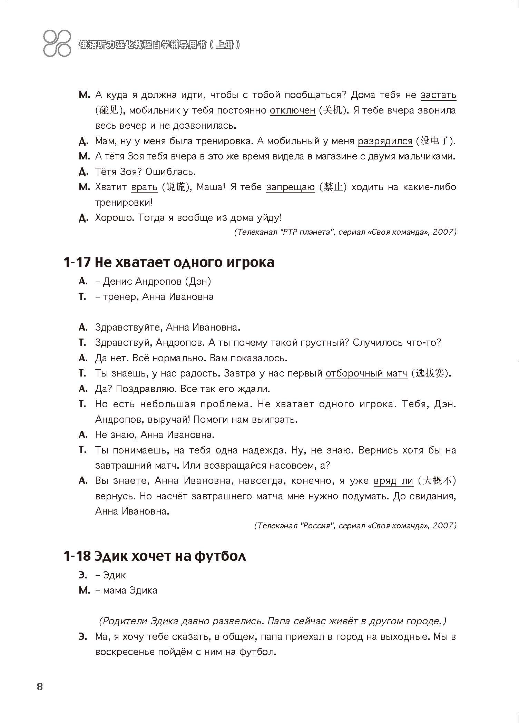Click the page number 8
tap(40, 687)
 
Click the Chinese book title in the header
tap(159, 45)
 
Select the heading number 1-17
tap(77, 262)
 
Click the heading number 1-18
tap(77, 556)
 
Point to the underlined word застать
tap(438, 95)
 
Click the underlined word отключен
tap(292, 110)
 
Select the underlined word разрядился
tap(385, 141)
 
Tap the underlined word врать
tap(144, 187)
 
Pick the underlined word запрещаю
tap(290, 187)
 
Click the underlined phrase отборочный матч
tap(366, 373)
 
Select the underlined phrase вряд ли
tap(393, 481)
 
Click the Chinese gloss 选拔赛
tap(430, 373)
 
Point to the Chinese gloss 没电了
tap(435, 141)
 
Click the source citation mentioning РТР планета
tap(345, 232)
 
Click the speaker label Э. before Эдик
tap(83, 575)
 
